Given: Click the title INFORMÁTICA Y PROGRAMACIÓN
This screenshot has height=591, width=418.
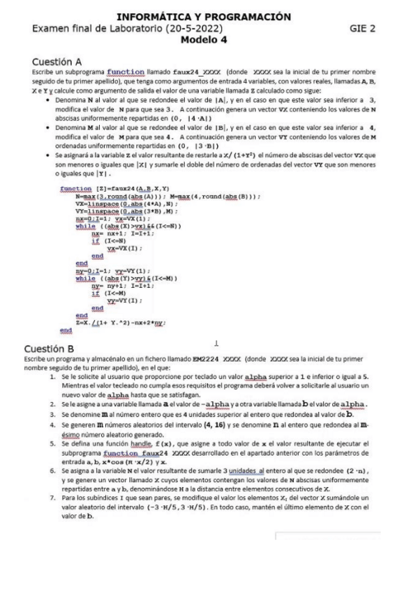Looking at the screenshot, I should (209, 17).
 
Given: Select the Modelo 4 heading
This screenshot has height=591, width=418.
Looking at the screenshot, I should (209, 40).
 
